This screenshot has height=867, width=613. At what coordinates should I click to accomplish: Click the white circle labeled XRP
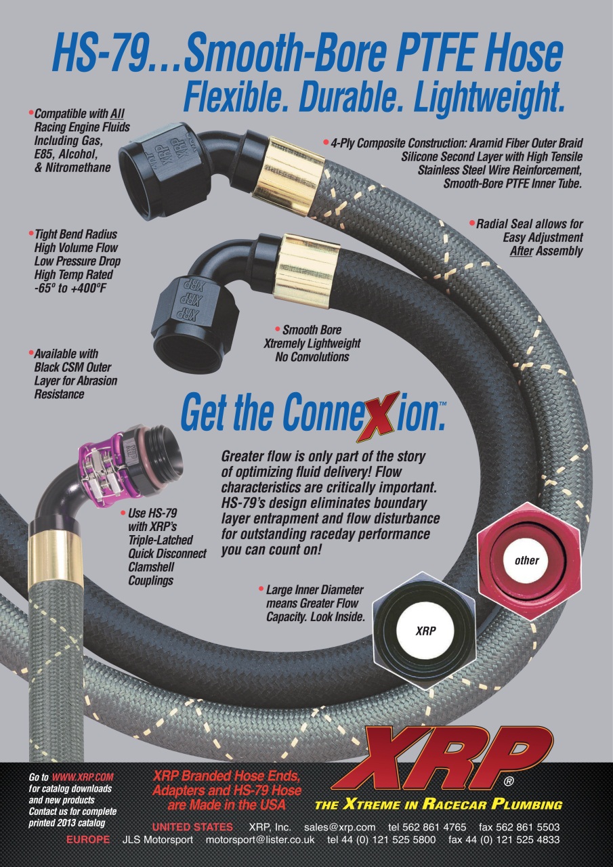tap(425, 631)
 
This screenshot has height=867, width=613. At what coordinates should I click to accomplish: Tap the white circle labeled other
tap(526, 560)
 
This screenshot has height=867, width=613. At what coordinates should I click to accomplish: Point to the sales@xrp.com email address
tap(339, 827)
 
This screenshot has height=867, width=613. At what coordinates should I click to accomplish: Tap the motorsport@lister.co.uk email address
tap(260, 840)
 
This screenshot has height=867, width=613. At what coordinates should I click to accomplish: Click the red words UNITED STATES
tap(193, 827)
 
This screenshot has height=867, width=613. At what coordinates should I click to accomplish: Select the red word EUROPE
tap(88, 840)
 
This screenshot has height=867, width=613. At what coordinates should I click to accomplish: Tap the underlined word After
tap(521, 251)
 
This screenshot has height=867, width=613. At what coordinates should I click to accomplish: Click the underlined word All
tap(117, 114)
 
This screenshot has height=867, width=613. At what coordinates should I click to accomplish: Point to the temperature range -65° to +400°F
tap(70, 289)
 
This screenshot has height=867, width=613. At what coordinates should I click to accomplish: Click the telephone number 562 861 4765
tap(434, 827)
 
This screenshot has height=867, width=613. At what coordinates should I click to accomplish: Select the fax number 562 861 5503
tap(528, 827)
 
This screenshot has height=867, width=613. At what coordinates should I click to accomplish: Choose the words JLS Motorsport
tap(158, 840)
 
